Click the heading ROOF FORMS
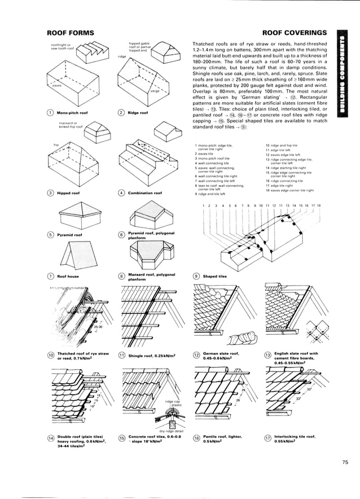(70, 33)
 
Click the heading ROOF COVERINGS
(295, 33)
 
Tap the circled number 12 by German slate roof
(196, 356)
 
